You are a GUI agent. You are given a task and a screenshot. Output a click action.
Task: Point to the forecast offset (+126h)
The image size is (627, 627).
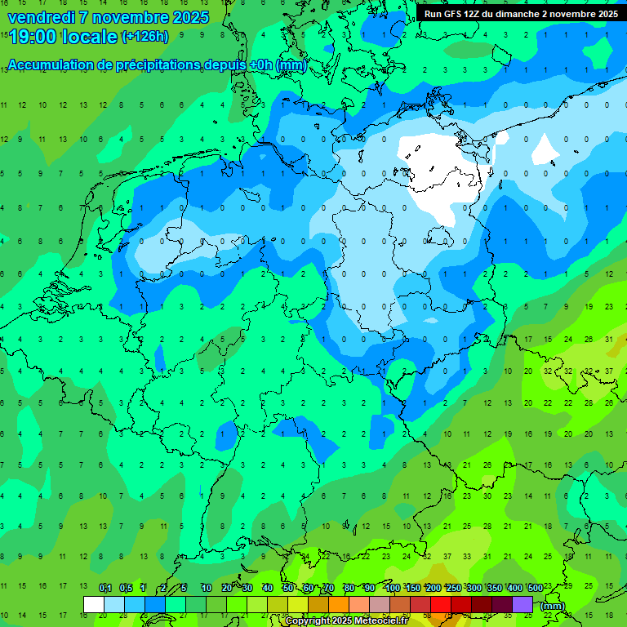tap(145, 37)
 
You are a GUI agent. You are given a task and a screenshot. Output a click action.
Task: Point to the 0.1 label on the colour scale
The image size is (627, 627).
tap(104, 589)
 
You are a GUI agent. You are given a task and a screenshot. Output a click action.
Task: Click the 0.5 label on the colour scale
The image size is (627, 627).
tap(126, 589)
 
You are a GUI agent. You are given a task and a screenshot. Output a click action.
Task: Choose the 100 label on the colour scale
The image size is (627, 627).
tap(392, 589)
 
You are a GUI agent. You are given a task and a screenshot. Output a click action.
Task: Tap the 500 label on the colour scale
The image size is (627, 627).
tap(535, 589)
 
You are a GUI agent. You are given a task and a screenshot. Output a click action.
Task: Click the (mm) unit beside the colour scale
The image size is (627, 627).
tap(553, 606)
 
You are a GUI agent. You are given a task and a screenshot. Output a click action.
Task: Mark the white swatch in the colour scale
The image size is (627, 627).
tap(94, 604)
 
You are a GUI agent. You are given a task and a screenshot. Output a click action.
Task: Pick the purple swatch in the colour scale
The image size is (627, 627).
tap(522, 604)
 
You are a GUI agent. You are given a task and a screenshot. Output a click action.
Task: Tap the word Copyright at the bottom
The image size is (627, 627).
tap(309, 621)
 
